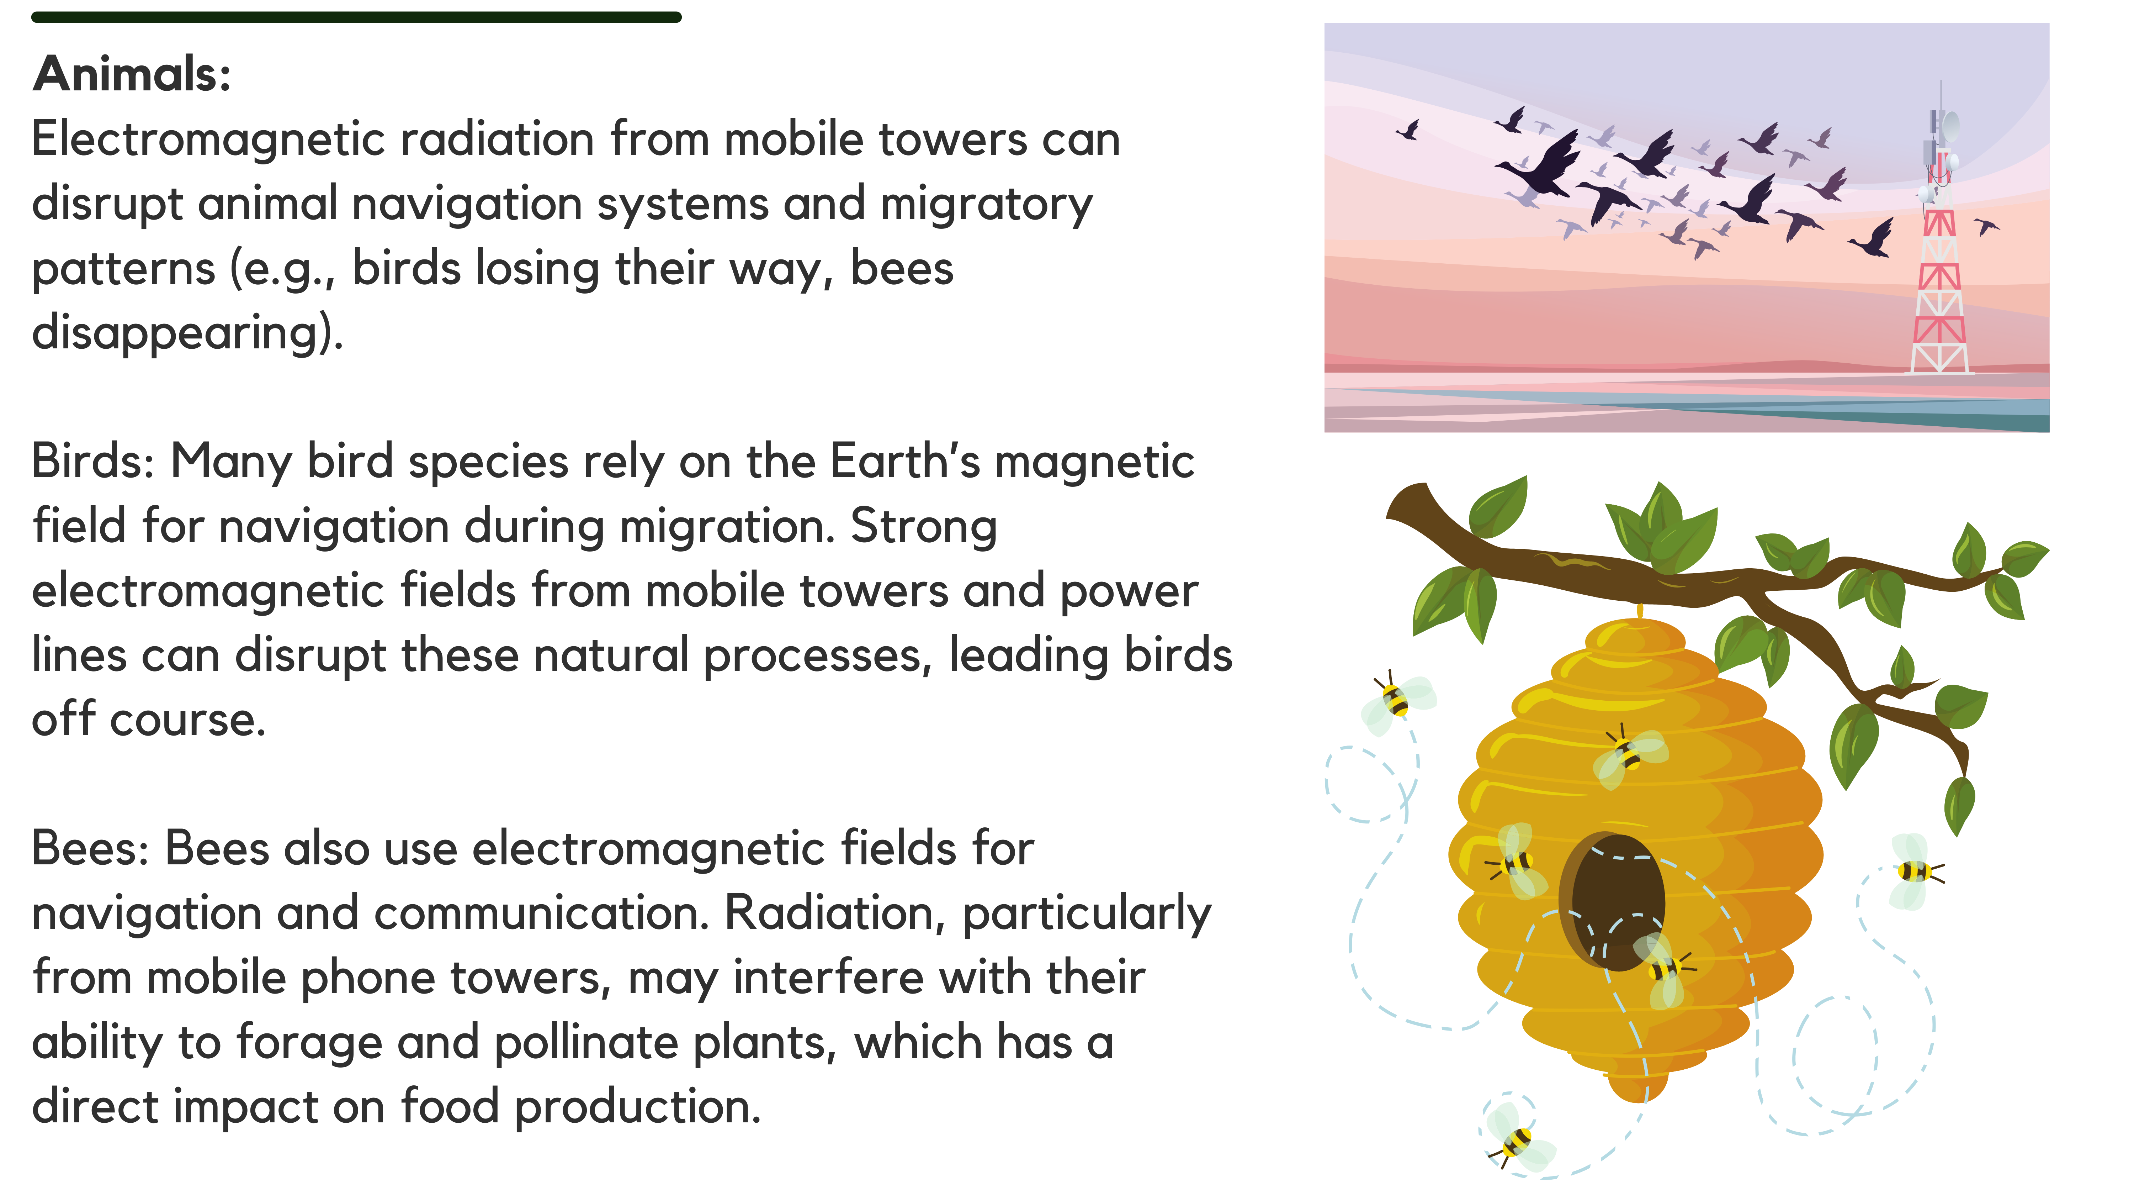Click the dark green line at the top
coord(356,17)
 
